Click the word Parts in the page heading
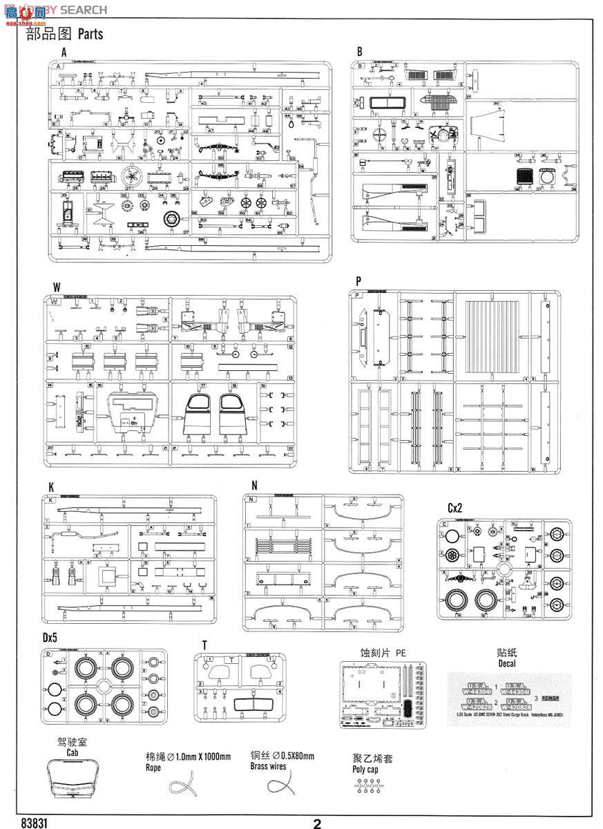click(90, 34)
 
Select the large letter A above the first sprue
click(64, 52)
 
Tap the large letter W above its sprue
click(56, 287)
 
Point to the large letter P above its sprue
click(358, 281)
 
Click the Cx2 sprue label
click(454, 508)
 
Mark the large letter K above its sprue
click(51, 486)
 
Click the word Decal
click(507, 663)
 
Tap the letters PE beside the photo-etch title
click(401, 651)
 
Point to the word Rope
click(153, 768)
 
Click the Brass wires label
click(269, 766)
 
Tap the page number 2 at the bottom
click(317, 823)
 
